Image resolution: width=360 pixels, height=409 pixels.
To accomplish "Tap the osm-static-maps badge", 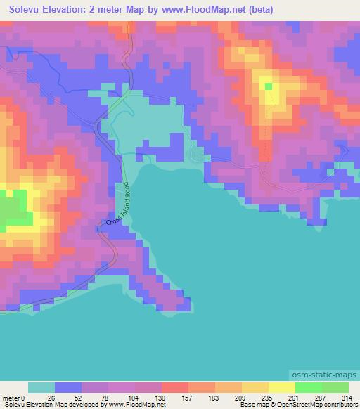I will [325, 373].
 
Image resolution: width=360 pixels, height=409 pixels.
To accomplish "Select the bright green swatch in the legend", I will [308, 387].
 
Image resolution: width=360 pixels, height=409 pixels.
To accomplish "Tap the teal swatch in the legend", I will [41, 387].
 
